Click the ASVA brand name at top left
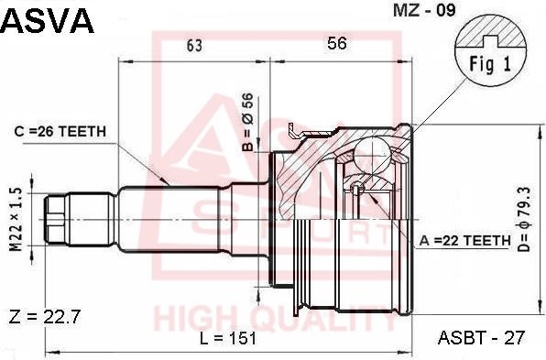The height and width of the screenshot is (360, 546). click(47, 21)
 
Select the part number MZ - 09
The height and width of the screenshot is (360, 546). click(424, 10)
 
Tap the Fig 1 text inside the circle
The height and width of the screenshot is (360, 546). click(490, 64)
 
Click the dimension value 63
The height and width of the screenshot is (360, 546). click(194, 45)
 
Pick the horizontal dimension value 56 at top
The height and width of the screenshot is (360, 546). click(337, 44)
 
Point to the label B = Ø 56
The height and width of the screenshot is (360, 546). click(248, 122)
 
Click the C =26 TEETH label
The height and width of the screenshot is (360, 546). click(60, 132)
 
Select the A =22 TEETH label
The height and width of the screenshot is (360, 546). click(464, 240)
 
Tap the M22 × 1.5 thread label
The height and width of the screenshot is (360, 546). click(16, 219)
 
